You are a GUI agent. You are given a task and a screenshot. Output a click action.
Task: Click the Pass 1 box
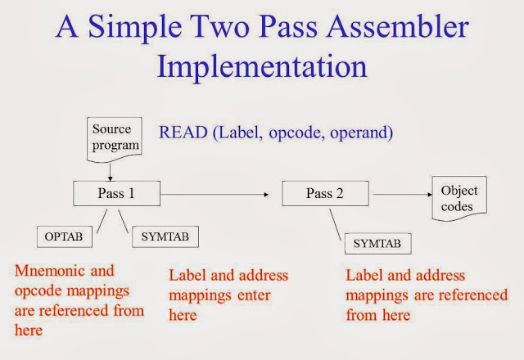point(116,193)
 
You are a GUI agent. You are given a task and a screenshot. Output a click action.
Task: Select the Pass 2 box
point(326,193)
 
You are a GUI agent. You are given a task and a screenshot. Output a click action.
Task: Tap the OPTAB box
point(65,236)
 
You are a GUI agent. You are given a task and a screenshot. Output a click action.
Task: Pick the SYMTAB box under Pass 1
point(165,236)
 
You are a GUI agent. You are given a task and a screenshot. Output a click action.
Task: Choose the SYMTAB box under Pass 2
point(378,244)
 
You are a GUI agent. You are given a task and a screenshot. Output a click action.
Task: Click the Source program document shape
point(115,138)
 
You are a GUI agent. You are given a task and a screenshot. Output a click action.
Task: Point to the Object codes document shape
point(459,198)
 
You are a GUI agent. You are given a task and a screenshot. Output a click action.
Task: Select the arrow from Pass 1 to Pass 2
point(215,195)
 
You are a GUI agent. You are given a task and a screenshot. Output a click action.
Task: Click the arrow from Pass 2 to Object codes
point(403,195)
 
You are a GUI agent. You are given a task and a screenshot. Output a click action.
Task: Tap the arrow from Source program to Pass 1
point(110,172)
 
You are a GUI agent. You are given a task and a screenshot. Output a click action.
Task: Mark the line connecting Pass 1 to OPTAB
point(102,221)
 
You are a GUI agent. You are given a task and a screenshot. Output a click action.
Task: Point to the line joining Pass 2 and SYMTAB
point(336,224)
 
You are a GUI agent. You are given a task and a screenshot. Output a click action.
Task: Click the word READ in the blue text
point(183,133)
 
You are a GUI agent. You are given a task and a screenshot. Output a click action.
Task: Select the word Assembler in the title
point(398,27)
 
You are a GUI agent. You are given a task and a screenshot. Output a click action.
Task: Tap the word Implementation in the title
point(262,66)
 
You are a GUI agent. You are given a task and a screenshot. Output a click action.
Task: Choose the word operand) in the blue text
point(362,133)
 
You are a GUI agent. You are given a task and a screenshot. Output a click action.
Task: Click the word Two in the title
point(220,27)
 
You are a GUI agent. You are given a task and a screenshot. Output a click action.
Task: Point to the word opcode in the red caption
point(38,291)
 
